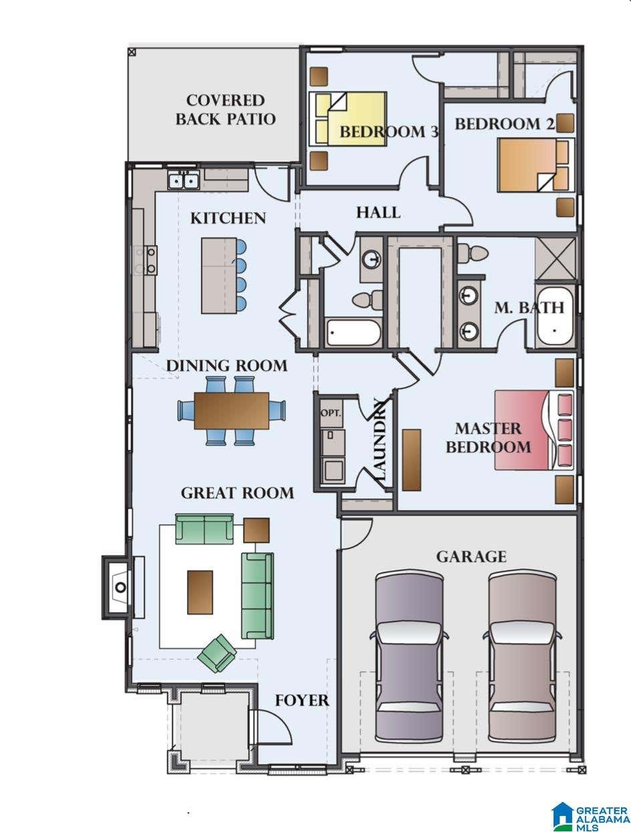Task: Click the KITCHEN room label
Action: click(228, 218)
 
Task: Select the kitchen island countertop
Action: click(219, 276)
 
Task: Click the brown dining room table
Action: click(231, 411)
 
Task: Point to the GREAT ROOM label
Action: click(237, 493)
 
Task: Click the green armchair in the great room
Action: click(217, 654)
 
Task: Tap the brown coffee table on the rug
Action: click(200, 592)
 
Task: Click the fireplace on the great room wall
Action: click(118, 588)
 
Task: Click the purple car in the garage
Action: click(409, 658)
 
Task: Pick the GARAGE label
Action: click(471, 557)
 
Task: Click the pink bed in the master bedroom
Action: click(534, 430)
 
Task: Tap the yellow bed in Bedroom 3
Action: click(348, 119)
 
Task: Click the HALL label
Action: click(378, 212)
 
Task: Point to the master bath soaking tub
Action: click(555, 316)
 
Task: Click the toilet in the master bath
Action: click(472, 252)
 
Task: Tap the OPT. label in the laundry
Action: click(331, 413)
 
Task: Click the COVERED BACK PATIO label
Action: click(226, 110)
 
